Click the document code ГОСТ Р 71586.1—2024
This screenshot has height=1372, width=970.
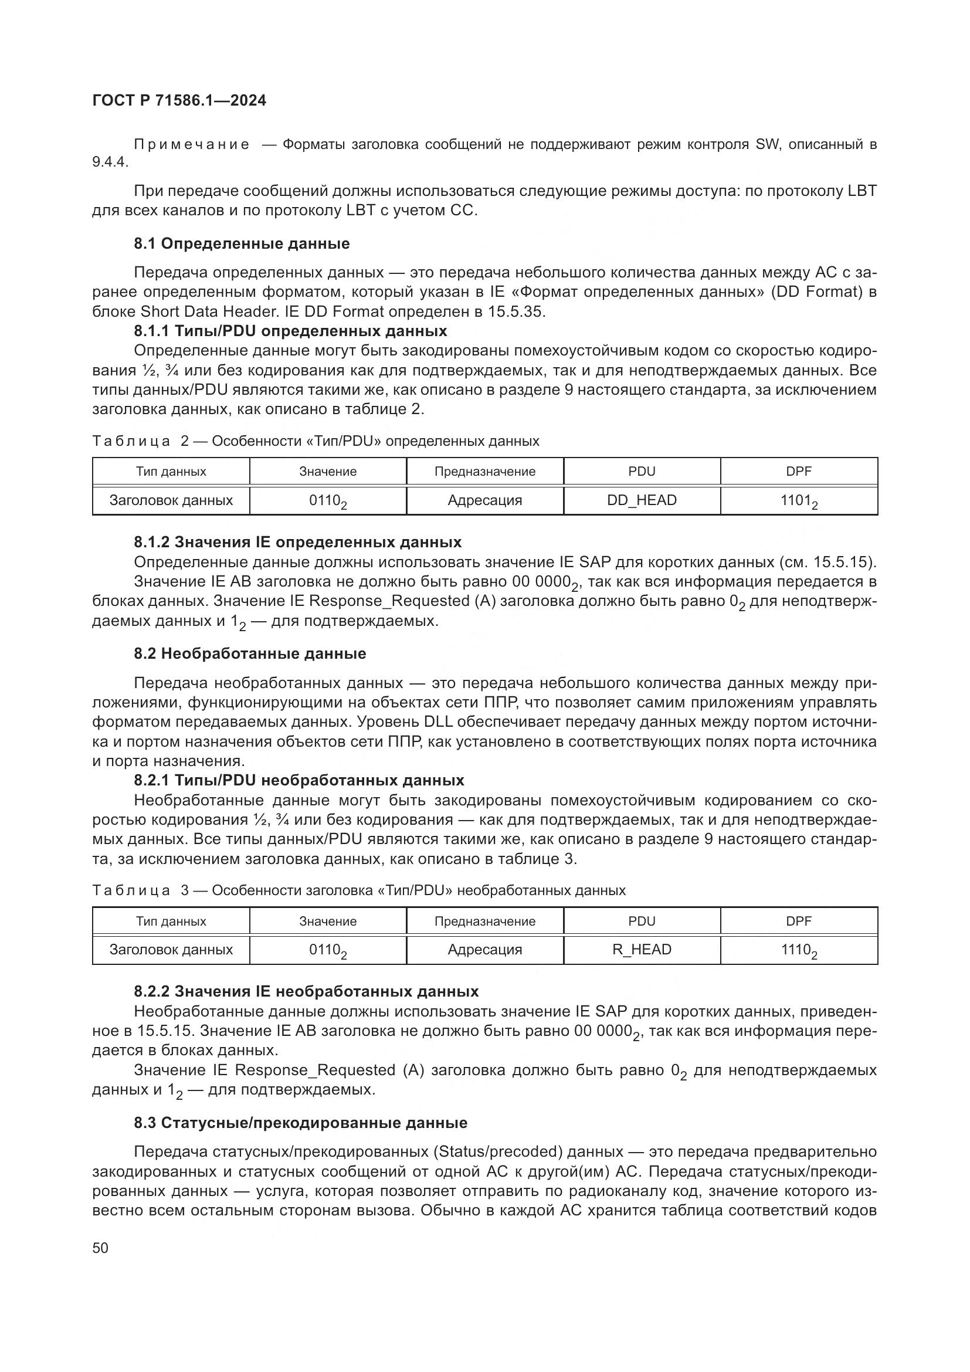point(179,101)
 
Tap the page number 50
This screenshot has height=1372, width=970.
point(100,1248)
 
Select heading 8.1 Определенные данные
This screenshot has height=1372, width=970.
point(241,244)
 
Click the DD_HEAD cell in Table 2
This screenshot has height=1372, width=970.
point(642,500)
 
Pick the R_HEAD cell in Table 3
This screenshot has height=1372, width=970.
point(642,950)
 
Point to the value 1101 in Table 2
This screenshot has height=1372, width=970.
point(798,501)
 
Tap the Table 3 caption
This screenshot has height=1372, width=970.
point(358,890)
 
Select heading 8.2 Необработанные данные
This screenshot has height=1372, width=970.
point(250,653)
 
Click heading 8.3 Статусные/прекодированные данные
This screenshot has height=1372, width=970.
point(300,1123)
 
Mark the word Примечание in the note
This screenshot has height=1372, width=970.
point(191,145)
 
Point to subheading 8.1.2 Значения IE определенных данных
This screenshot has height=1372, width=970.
point(297,542)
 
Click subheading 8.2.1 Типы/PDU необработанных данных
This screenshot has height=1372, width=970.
point(299,780)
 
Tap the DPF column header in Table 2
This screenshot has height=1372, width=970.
point(799,472)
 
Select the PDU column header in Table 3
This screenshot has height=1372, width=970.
point(642,921)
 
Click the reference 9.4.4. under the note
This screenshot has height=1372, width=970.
point(110,162)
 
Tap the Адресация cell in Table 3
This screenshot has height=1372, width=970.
point(484,950)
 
